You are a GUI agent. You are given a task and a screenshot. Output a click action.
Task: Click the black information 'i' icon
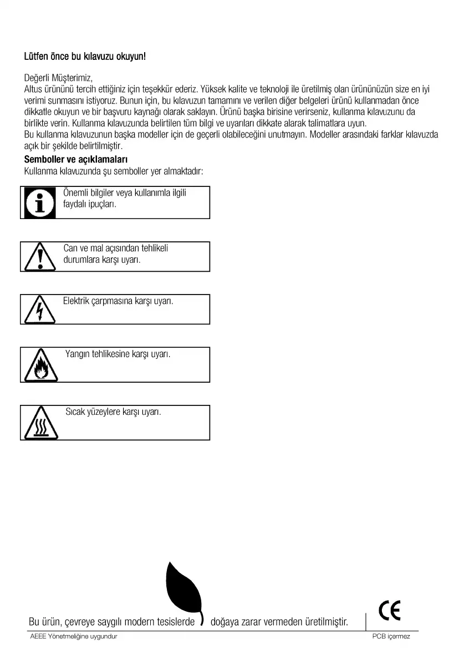(39, 202)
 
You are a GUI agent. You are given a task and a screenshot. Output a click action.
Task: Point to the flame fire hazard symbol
(40, 367)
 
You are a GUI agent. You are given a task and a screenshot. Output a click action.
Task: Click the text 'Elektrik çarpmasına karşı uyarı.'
(118, 301)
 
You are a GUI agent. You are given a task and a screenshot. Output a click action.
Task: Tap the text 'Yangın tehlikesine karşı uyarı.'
(118, 354)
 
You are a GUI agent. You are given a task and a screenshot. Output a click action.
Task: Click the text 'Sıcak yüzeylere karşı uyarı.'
(113, 412)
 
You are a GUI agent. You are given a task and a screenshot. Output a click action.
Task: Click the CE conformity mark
(389, 611)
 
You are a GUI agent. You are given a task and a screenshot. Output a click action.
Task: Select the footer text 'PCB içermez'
(391, 637)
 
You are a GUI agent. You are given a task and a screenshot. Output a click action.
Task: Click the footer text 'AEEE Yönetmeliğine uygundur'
(73, 637)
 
